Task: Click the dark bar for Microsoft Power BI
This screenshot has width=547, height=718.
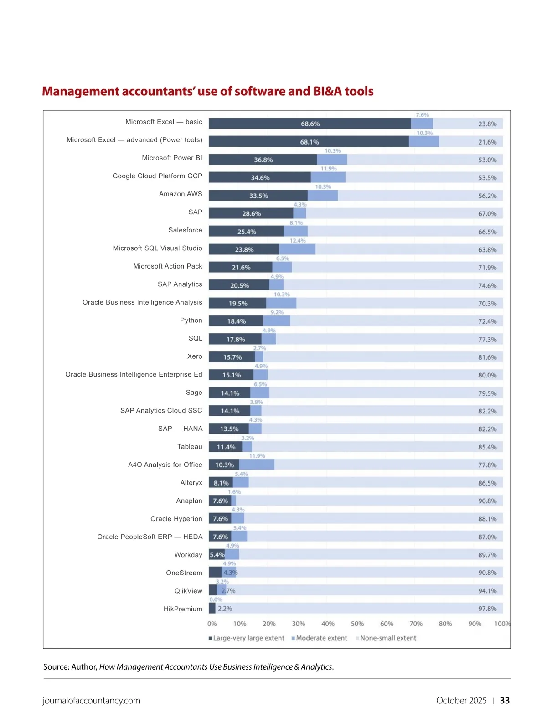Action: [x=263, y=160]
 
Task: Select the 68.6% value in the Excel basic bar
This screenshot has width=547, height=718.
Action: [x=310, y=124]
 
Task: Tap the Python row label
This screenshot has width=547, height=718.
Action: [x=191, y=320]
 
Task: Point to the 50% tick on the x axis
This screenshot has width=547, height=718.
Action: [x=357, y=624]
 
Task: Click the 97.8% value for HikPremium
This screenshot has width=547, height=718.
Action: [x=487, y=609]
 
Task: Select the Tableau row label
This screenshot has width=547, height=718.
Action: [x=190, y=447]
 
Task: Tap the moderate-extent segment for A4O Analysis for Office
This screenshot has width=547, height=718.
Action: [x=257, y=465]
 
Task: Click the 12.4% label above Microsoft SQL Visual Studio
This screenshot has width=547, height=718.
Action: [x=298, y=241]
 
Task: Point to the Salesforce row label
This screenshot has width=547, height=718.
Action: [x=185, y=230]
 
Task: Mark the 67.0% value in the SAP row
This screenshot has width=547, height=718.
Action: [x=487, y=214]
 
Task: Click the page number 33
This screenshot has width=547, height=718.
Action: [x=505, y=701]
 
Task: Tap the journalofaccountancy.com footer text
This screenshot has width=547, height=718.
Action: [x=92, y=701]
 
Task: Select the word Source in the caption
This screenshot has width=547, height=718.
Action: [x=56, y=667]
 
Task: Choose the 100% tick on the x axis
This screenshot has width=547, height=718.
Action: [x=502, y=624]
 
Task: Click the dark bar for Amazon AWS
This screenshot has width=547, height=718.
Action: [x=258, y=196]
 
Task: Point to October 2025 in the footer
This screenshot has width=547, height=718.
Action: [x=461, y=701]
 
